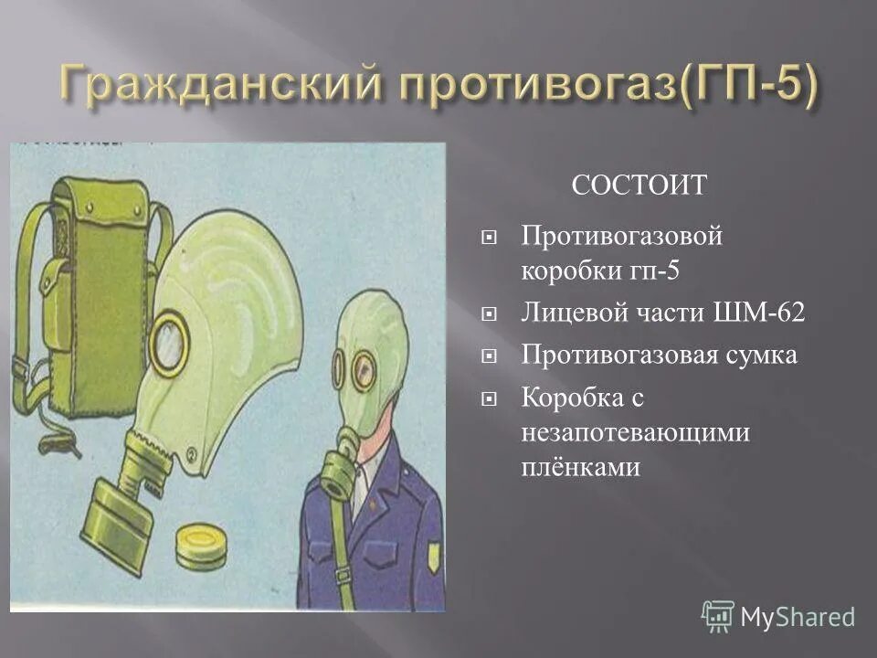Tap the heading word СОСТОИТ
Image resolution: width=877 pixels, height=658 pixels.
[639, 186]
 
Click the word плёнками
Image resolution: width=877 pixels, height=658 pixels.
[580, 467]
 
